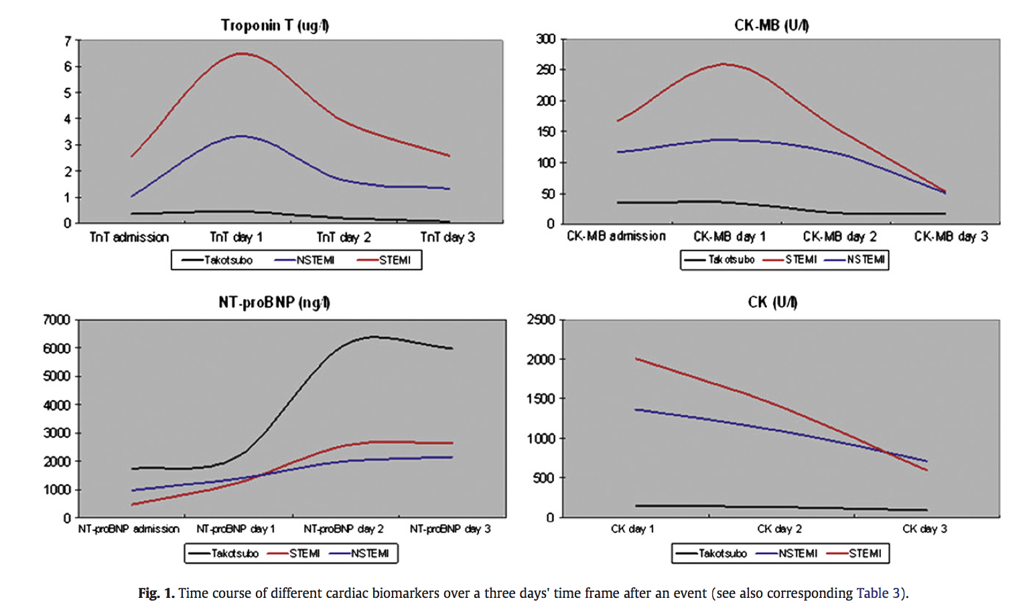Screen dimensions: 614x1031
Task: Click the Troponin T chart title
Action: tap(275, 25)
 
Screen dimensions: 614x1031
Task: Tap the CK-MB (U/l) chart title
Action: tap(771, 25)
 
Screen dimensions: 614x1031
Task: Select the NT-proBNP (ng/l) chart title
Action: tap(274, 302)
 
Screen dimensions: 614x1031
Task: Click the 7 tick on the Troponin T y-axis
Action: tap(68, 41)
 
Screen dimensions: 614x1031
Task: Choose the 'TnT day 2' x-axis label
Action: tap(344, 237)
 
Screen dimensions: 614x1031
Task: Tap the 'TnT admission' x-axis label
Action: tap(129, 237)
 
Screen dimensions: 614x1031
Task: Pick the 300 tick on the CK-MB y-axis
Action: tap(546, 39)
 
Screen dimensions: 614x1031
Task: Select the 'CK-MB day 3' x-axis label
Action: tap(951, 237)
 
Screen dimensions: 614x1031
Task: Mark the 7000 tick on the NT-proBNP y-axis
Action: tap(57, 320)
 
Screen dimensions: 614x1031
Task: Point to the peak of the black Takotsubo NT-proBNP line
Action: tap(373, 336)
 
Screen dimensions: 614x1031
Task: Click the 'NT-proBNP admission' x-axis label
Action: tap(129, 529)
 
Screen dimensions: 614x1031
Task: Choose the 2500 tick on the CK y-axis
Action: tap(541, 320)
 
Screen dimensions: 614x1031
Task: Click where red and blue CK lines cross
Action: tap(888, 452)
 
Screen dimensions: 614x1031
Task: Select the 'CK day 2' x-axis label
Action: tap(779, 529)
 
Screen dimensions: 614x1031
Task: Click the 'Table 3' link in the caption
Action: tap(878, 593)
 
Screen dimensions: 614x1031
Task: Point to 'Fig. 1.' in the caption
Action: tap(156, 593)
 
